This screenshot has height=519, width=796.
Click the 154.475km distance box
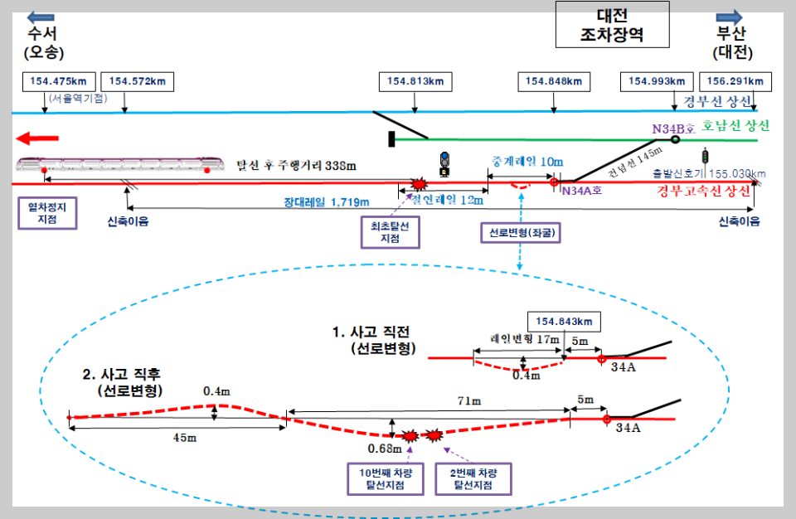59,81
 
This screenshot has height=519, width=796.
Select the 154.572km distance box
138,81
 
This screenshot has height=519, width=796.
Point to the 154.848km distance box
554,81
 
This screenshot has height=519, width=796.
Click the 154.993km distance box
657,81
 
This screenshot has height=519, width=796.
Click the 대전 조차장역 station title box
612,25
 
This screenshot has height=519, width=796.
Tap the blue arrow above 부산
730,17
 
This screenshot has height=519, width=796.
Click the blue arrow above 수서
41,17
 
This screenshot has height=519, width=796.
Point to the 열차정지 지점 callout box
47,213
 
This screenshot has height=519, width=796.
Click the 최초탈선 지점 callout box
389,232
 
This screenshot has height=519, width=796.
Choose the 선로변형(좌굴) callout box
521,233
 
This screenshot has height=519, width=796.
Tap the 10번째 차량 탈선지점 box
384,478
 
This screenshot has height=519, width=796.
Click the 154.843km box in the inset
564,322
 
